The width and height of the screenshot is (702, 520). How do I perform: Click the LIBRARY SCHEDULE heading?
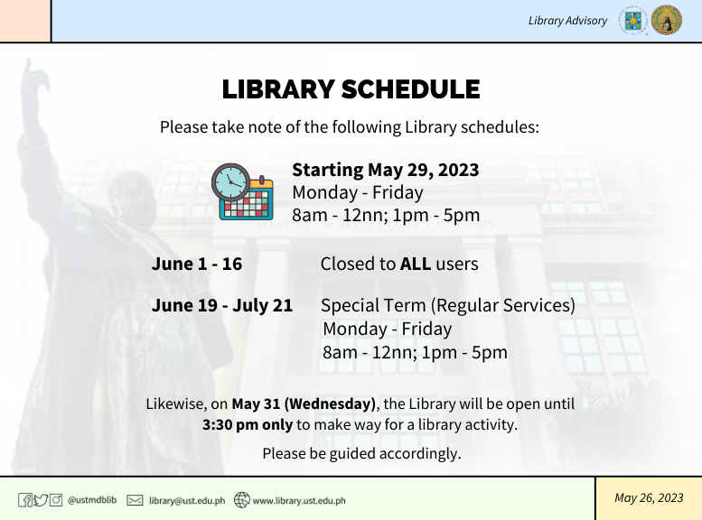(x=351, y=88)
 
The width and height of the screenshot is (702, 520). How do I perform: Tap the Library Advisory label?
(x=567, y=21)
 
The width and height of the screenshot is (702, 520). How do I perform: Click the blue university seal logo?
(x=633, y=20)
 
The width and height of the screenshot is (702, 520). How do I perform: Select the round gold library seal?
(x=667, y=20)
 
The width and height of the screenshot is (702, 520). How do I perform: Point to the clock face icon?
(x=230, y=182)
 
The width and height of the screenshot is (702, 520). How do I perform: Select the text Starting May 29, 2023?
(x=386, y=170)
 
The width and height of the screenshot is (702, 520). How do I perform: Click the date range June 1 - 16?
(x=197, y=264)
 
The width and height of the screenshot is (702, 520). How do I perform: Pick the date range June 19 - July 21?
(x=221, y=305)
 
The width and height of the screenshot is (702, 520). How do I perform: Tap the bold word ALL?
(x=416, y=264)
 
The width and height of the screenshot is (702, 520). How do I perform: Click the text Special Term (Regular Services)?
(x=448, y=305)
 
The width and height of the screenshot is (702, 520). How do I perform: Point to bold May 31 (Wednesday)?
(x=304, y=404)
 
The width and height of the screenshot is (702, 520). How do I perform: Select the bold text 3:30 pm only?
(x=248, y=424)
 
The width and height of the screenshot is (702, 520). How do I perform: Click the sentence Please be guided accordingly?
(x=361, y=453)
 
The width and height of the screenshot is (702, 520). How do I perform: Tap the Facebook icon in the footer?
(x=25, y=500)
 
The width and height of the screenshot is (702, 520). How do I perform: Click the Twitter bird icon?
(x=41, y=500)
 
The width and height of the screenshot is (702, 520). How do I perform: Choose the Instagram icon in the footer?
(x=55, y=500)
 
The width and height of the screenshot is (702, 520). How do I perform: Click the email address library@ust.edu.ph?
(x=187, y=500)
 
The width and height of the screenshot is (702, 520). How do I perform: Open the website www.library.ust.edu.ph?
(x=299, y=500)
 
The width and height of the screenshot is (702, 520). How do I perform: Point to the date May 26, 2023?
(x=649, y=497)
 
